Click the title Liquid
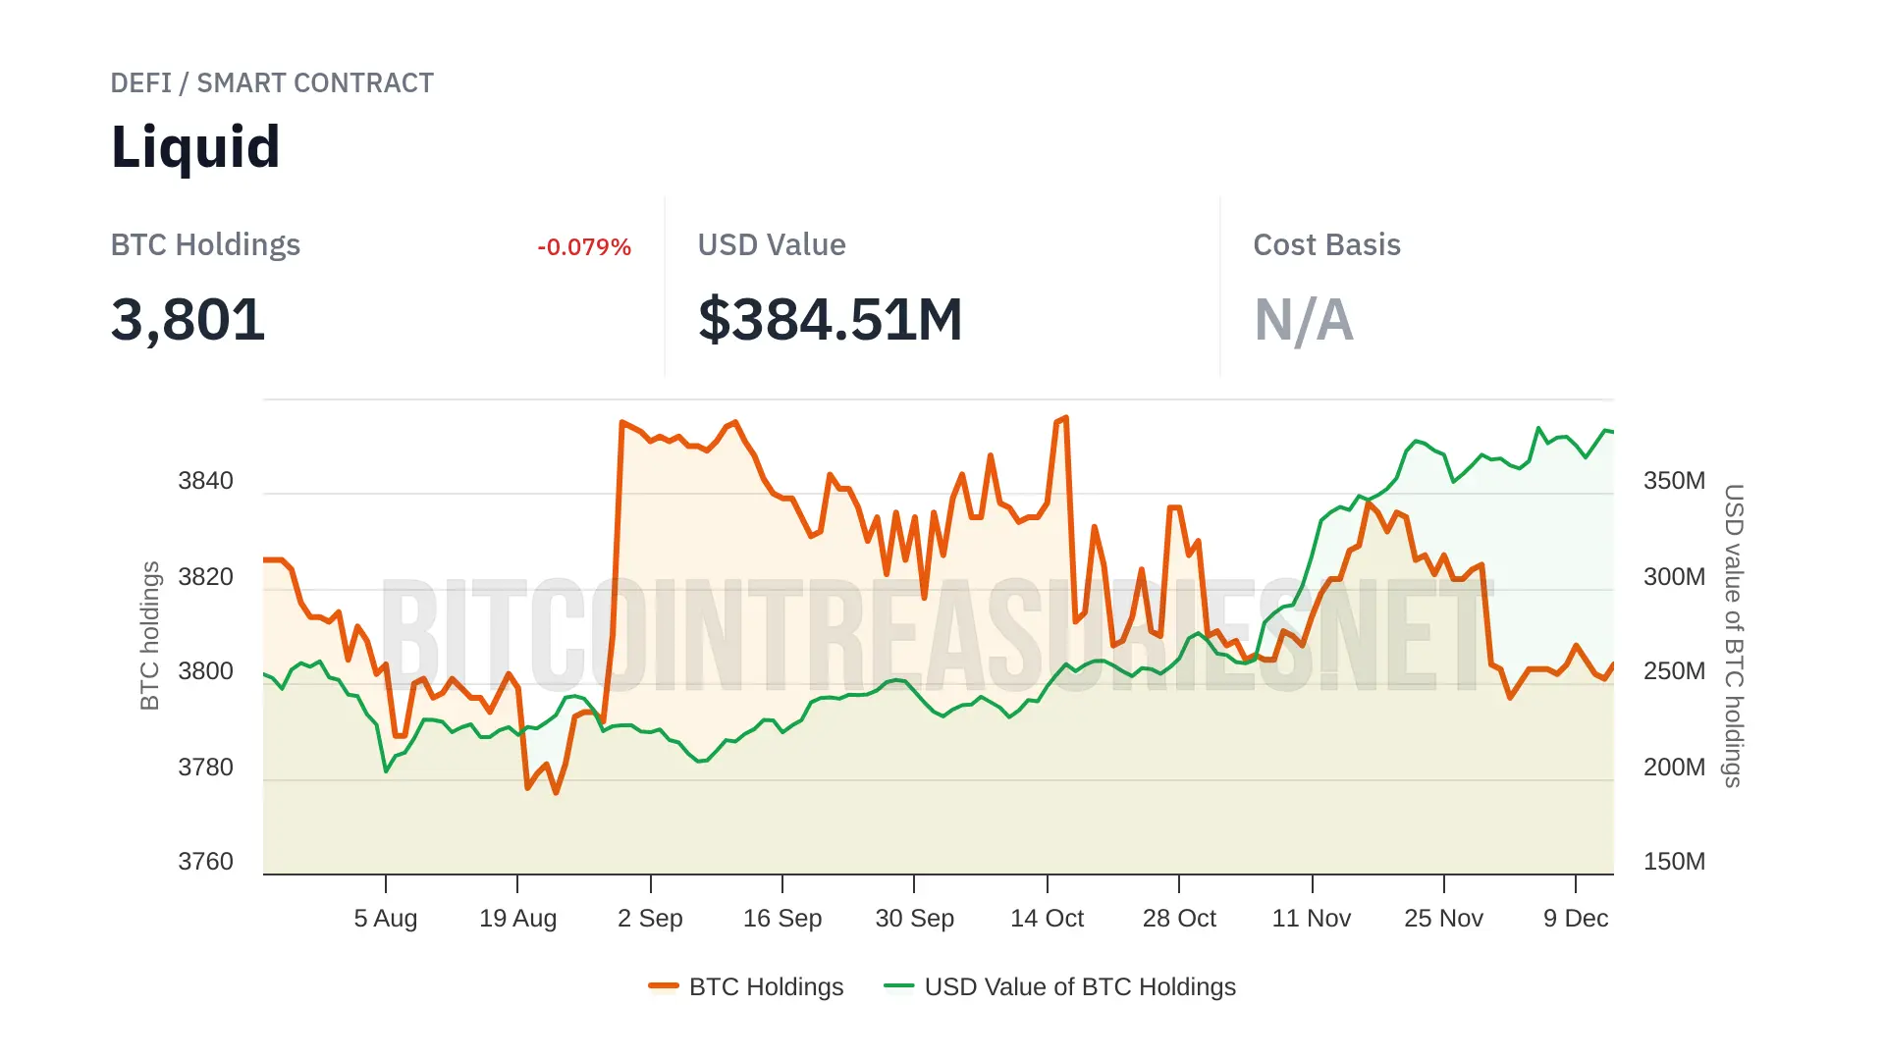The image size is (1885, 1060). coord(195,147)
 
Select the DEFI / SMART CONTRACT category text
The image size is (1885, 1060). coord(272,83)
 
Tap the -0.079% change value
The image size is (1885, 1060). coord(583,247)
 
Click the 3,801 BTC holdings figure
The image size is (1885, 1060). coord(188,320)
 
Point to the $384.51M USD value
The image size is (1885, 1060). coord(830,320)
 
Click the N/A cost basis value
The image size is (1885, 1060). coord(1304,320)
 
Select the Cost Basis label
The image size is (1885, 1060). coord(1326,245)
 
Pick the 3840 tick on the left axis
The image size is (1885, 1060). coord(205,481)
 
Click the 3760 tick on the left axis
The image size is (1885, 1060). coord(205,862)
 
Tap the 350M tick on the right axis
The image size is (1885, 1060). coord(1674,481)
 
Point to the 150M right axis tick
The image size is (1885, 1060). coord(1674,862)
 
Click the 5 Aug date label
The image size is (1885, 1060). coord(386,919)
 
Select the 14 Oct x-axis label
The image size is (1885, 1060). coord(1047,919)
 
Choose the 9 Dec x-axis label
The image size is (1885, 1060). coord(1575,919)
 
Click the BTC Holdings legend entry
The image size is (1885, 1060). coord(746,986)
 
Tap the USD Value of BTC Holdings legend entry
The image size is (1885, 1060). coord(1060,986)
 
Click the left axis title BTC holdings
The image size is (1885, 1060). coord(149,635)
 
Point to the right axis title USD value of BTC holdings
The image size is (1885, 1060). coord(1734,635)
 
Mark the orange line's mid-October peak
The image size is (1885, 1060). coord(1066,418)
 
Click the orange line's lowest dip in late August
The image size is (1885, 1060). coord(556,792)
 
